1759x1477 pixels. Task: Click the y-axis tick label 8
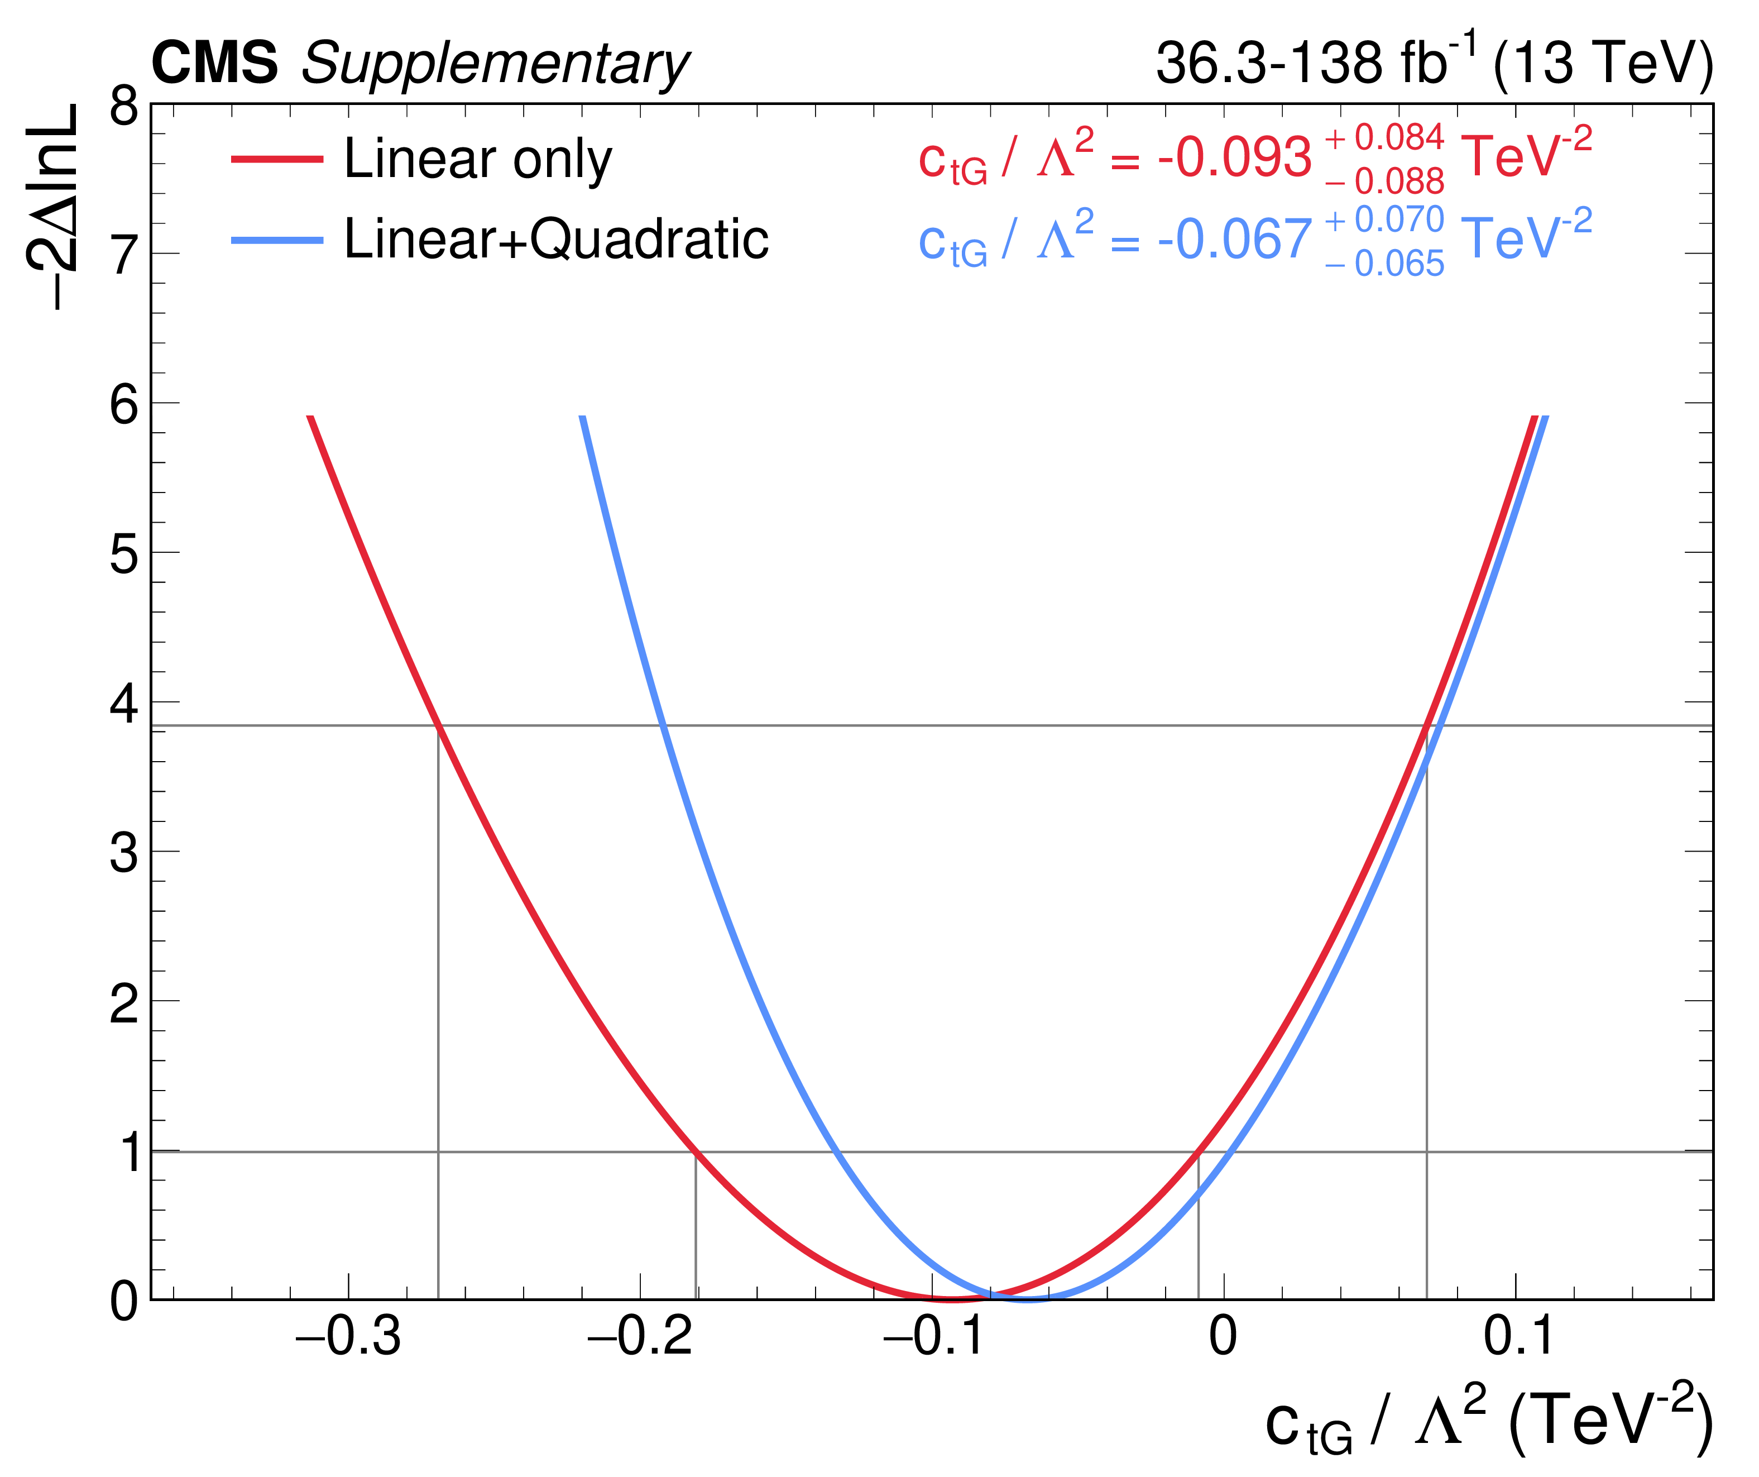(x=124, y=107)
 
